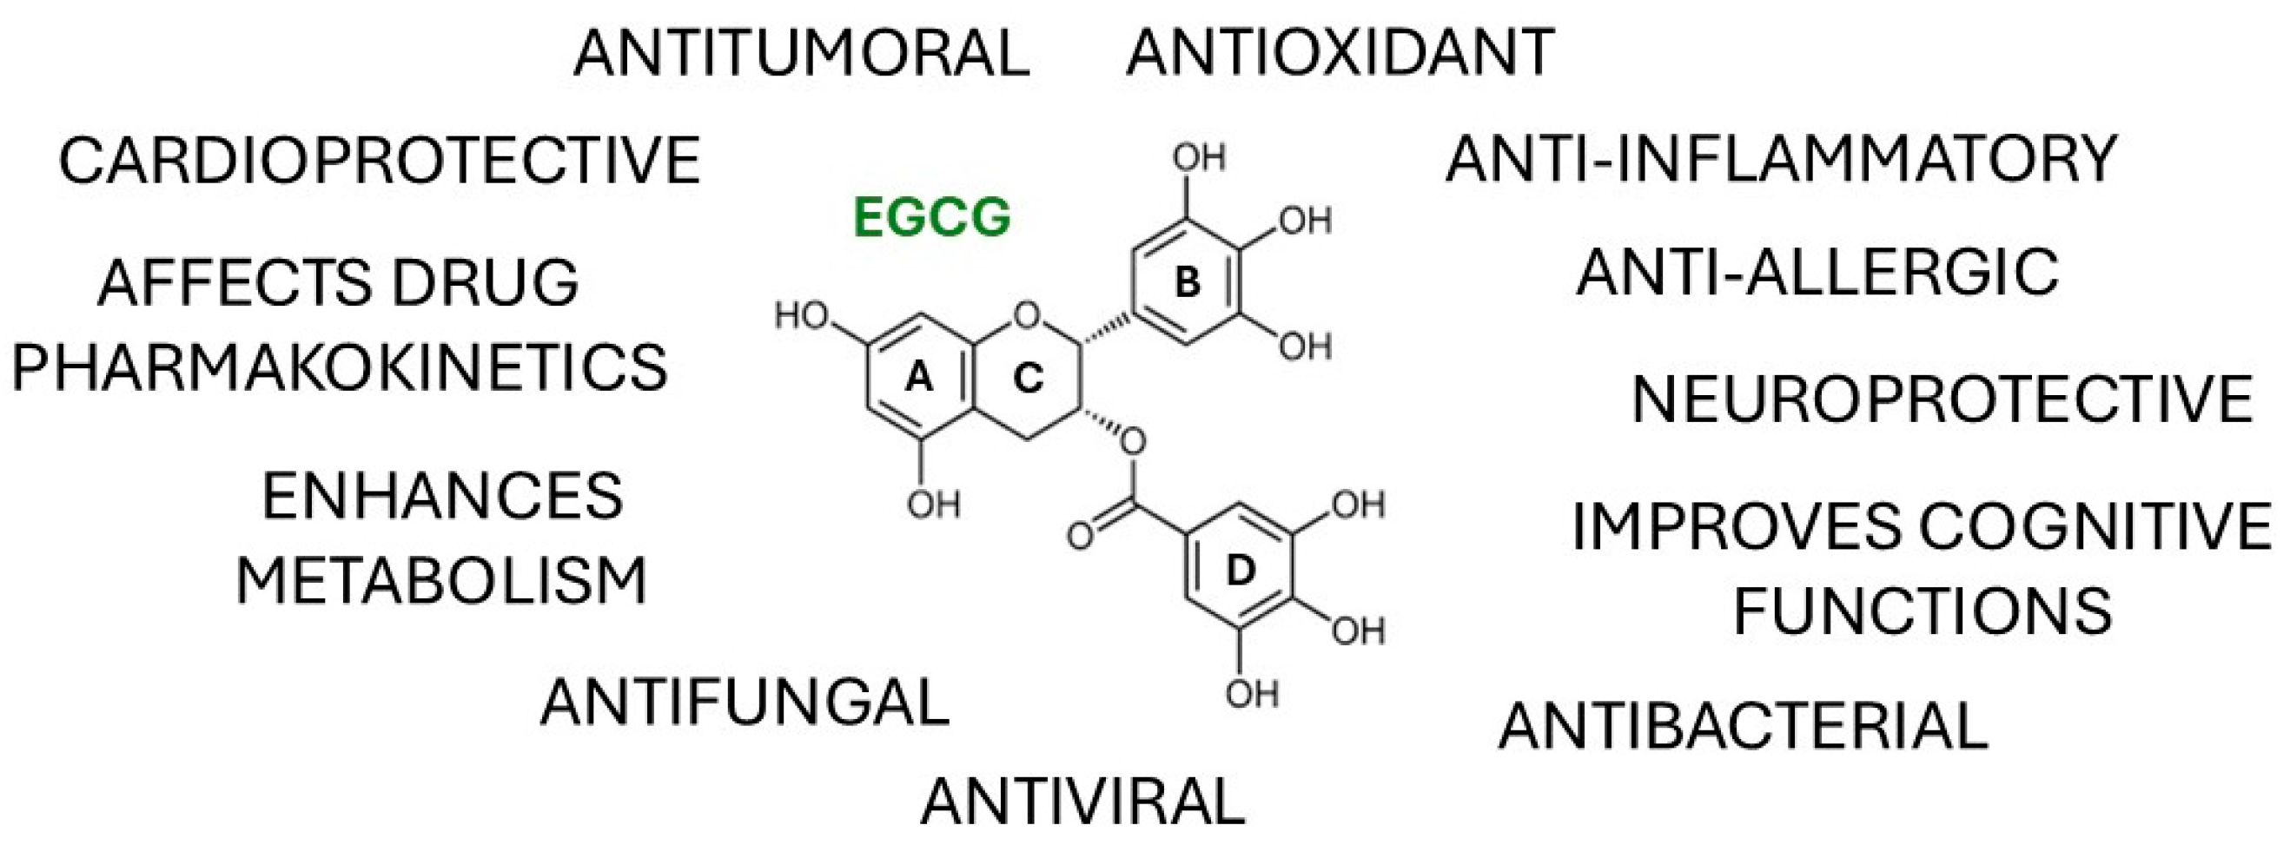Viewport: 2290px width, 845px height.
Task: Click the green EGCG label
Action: (931, 218)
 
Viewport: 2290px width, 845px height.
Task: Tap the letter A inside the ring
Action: (918, 380)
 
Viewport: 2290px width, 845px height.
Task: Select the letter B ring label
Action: (1188, 283)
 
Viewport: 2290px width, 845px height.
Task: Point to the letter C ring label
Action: (1028, 380)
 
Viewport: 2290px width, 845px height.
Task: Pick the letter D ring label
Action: (1239, 572)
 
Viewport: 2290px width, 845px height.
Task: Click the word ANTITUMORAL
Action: (801, 53)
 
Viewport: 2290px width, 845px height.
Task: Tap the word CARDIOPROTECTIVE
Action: (380, 161)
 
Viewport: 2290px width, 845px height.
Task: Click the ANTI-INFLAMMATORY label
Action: (1781, 161)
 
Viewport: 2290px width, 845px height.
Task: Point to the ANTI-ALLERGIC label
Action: (1817, 272)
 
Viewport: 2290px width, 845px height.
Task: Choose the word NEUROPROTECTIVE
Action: (1943, 399)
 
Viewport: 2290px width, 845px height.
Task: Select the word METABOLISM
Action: (442, 582)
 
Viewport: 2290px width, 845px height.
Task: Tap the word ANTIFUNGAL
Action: (745, 702)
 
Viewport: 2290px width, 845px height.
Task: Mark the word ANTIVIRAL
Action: (1082, 802)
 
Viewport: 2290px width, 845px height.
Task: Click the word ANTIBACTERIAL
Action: (1744, 726)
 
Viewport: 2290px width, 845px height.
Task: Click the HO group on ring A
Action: (801, 315)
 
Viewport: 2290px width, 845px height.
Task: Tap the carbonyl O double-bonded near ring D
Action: (1080, 537)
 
